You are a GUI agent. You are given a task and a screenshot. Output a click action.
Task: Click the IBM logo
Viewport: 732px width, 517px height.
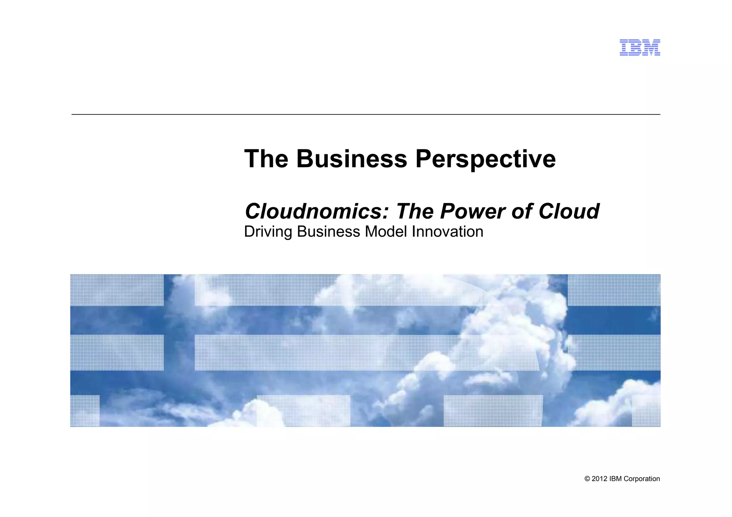click(x=639, y=48)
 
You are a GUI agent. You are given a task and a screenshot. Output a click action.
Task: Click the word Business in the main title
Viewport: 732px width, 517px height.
click(x=351, y=159)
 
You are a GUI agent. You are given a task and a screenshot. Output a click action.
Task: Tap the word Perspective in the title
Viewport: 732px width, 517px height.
click(x=485, y=159)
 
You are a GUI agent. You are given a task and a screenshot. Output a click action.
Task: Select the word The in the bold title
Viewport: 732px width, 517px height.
click(x=266, y=159)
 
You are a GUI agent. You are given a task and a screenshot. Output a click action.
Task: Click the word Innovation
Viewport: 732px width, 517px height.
click(x=447, y=232)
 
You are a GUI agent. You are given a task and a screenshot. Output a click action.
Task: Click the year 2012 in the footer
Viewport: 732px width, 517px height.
click(x=599, y=479)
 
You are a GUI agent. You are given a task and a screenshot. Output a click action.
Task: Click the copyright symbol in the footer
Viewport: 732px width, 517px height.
click(x=587, y=479)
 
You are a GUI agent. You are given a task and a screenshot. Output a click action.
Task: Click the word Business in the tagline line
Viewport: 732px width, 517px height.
click(x=328, y=232)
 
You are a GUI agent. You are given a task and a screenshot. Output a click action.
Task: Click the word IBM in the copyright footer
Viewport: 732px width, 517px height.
click(x=615, y=479)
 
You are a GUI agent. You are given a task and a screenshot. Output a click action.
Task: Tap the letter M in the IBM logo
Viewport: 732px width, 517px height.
click(x=652, y=48)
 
